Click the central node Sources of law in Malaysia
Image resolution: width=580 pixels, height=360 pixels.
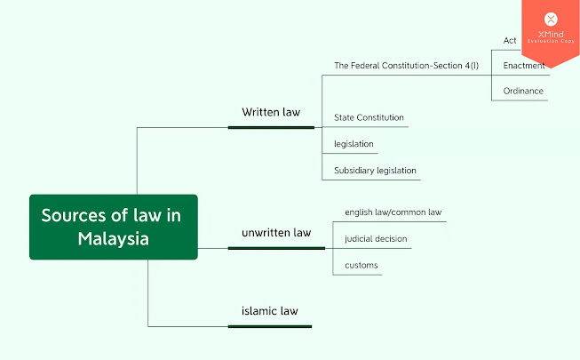pyautogui.click(x=113, y=227)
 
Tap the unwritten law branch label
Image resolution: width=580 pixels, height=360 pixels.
pyautogui.click(x=276, y=233)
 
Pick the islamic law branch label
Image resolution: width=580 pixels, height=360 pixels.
pyautogui.click(x=269, y=311)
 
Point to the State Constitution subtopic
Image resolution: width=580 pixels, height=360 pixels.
pyautogui.click(x=369, y=117)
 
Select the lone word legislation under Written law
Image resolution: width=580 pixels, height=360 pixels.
pyautogui.click(x=354, y=143)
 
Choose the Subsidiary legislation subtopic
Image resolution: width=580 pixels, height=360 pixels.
pyautogui.click(x=375, y=170)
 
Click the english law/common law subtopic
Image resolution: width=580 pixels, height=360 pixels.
pyautogui.click(x=393, y=212)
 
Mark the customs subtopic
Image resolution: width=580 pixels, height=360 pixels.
pyautogui.click(x=361, y=265)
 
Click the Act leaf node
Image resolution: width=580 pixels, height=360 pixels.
pyautogui.click(x=510, y=41)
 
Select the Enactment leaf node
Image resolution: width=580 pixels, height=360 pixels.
pyautogui.click(x=523, y=66)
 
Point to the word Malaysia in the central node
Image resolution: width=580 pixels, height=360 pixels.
pyautogui.click(x=113, y=239)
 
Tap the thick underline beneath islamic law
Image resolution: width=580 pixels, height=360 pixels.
pyautogui.click(x=270, y=326)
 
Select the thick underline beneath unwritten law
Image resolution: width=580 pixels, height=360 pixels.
pyautogui.click(x=276, y=248)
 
